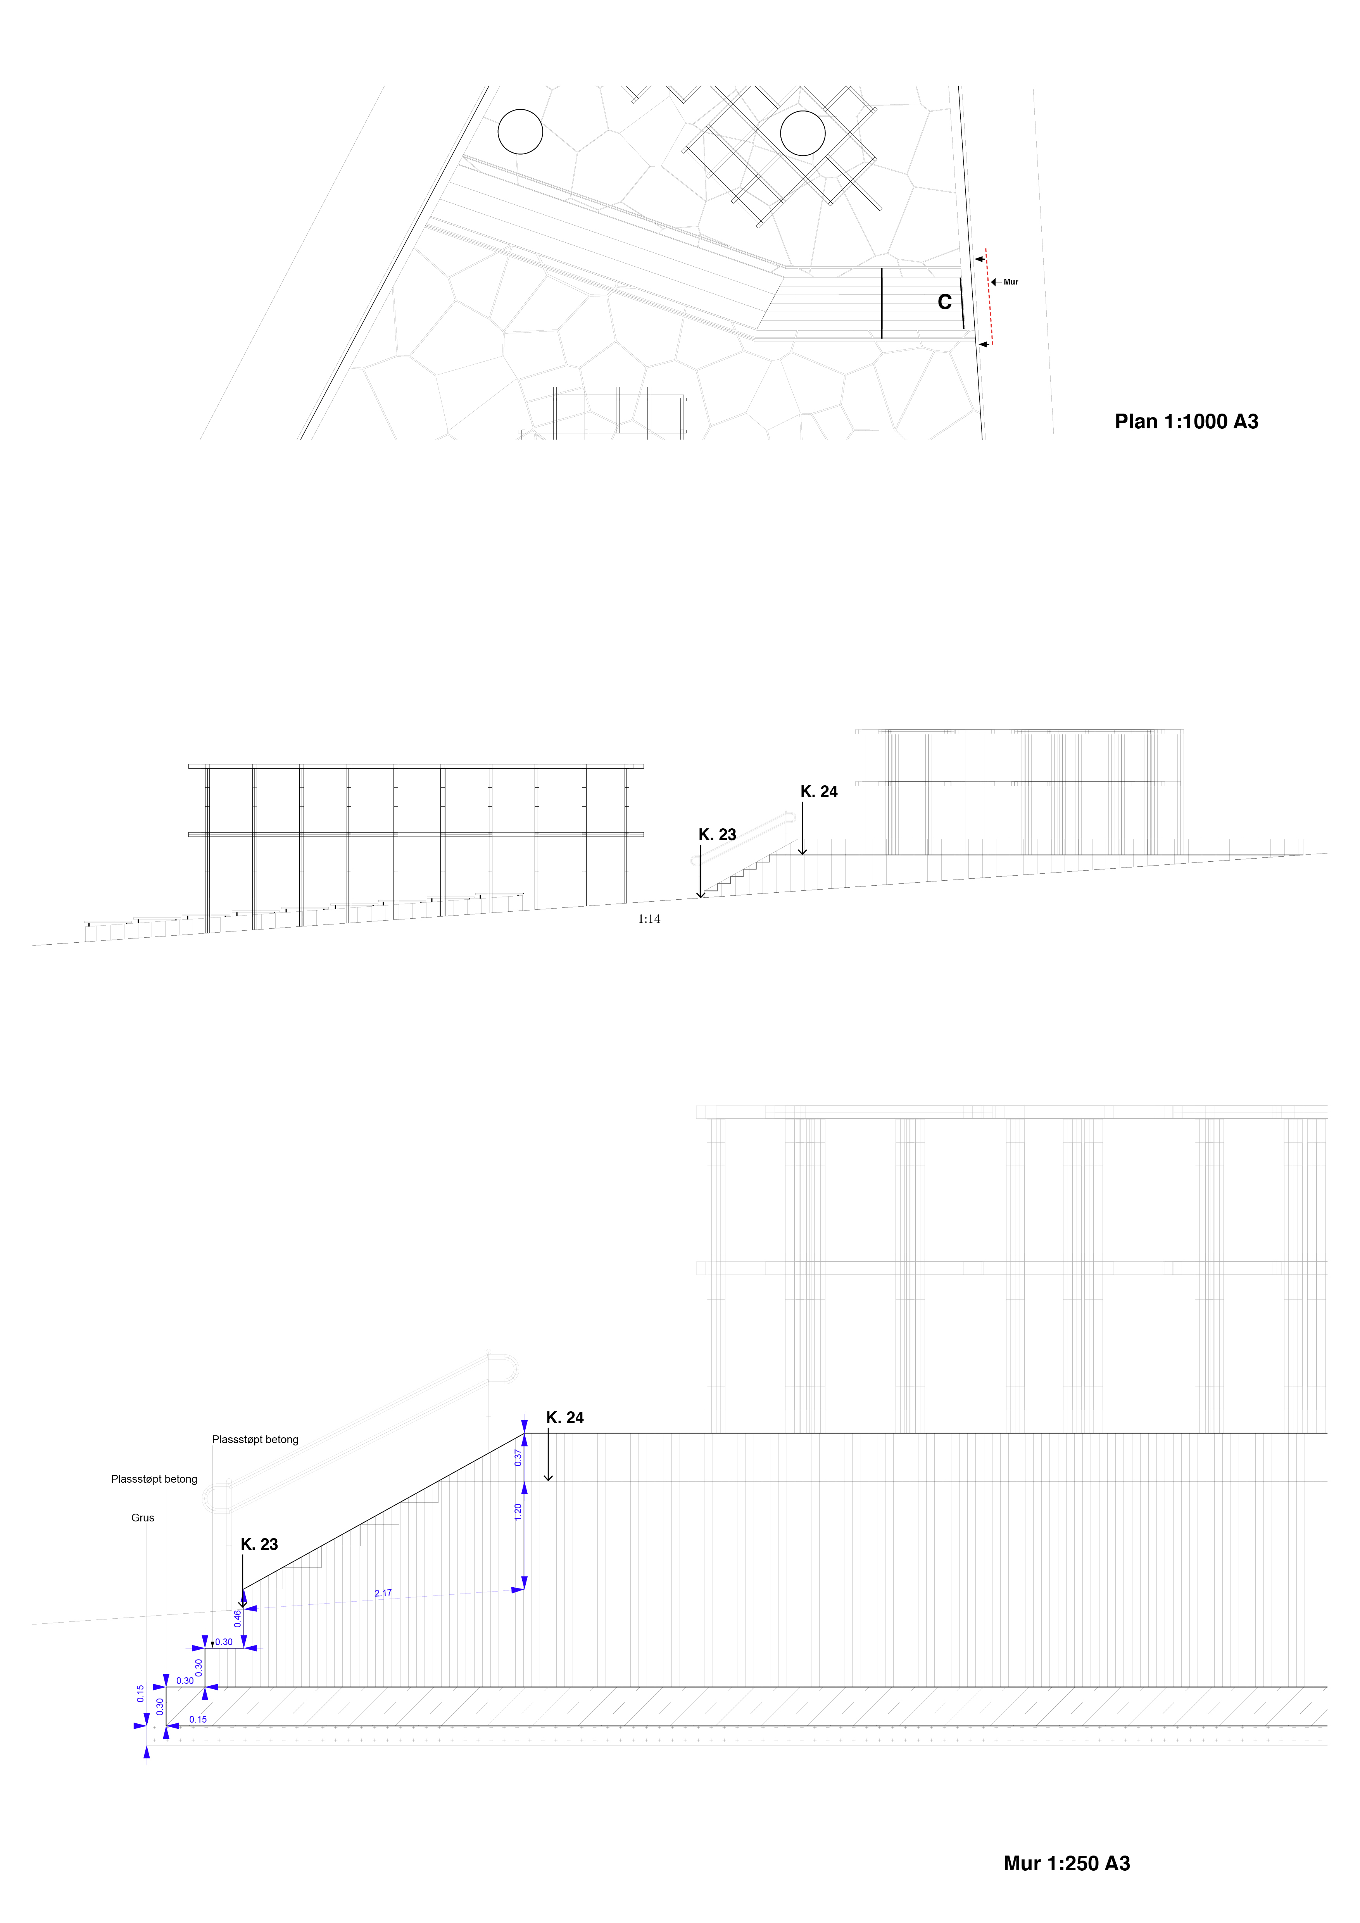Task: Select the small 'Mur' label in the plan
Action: tap(1011, 282)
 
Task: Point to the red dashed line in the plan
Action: tap(989, 297)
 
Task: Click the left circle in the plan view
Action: tap(520, 131)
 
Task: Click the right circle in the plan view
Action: tap(802, 133)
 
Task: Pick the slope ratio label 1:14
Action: tap(649, 919)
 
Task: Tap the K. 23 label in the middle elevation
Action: tap(717, 834)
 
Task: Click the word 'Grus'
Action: tap(142, 1518)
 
